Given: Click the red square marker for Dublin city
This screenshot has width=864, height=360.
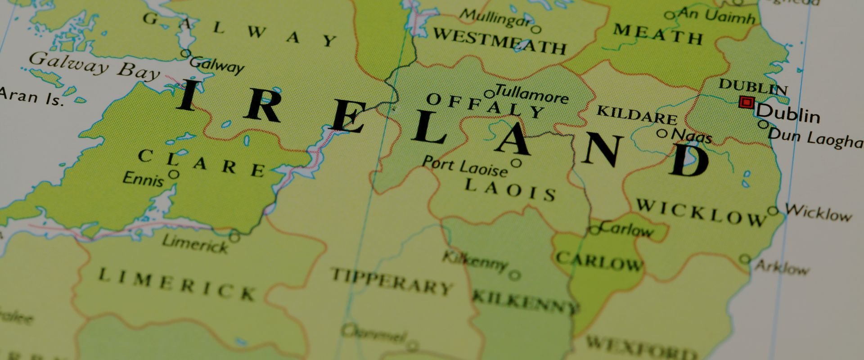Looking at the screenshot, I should click(x=747, y=103).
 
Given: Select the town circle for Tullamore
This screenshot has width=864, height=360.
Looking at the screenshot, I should click(x=489, y=94).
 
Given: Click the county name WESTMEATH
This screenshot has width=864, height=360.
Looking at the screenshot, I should click(x=499, y=41).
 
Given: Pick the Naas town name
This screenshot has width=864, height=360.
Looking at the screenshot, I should click(x=692, y=136).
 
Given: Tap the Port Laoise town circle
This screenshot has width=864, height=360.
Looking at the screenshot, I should click(x=516, y=163).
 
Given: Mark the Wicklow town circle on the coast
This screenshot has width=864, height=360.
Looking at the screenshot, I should click(x=773, y=211).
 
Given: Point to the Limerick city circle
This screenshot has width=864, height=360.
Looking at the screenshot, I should click(x=234, y=236).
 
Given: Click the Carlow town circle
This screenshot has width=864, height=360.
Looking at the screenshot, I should click(x=595, y=230).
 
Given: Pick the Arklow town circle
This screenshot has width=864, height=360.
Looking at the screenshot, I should click(x=745, y=259).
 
